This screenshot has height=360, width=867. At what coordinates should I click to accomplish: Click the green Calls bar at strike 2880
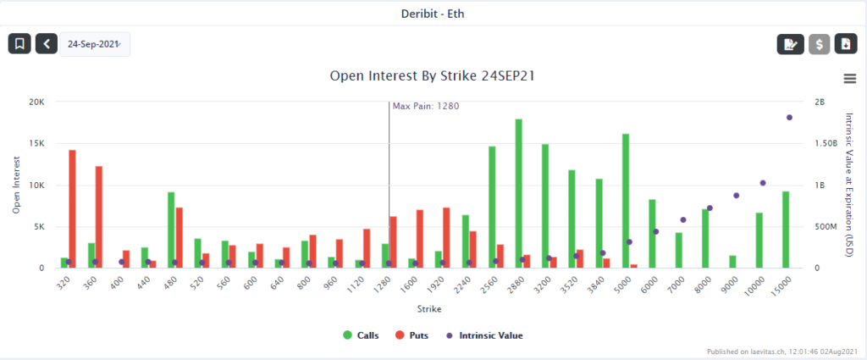point(518,193)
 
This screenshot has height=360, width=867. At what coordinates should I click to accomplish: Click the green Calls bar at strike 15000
point(786,230)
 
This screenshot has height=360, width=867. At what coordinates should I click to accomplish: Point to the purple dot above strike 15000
point(789,118)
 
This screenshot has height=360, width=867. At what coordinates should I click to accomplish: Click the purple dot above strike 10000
point(763,183)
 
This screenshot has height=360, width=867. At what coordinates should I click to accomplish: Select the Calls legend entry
point(360,335)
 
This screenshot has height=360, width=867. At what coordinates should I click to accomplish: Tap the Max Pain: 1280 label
point(425,106)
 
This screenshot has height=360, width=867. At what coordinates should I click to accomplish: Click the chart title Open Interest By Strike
point(432,75)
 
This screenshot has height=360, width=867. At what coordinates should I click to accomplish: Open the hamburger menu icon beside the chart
point(850,78)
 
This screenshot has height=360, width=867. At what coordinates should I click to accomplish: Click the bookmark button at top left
point(19,44)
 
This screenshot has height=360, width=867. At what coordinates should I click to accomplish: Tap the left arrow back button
point(47,44)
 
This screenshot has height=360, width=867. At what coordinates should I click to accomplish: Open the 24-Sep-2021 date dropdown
point(94,44)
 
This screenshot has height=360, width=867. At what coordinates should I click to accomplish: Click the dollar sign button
point(819,44)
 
